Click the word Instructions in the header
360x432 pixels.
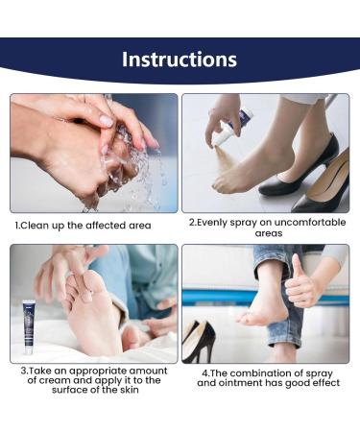pyautogui.click(x=180, y=60)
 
